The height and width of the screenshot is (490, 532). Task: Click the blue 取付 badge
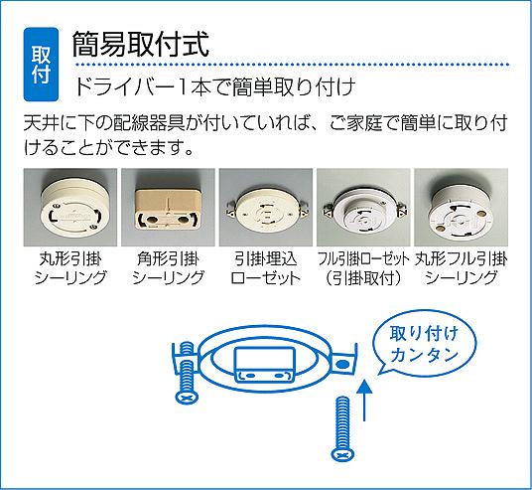tap(41, 65)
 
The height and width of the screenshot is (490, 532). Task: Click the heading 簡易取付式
tap(141, 44)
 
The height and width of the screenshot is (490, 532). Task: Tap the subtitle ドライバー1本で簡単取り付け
tap(214, 86)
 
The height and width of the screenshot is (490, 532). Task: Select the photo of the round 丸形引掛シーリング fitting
tap(70, 208)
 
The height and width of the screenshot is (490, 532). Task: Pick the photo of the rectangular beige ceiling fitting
tap(168, 208)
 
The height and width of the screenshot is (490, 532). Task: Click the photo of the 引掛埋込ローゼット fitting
tap(266, 208)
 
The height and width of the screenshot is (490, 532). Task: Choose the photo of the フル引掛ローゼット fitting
tap(363, 208)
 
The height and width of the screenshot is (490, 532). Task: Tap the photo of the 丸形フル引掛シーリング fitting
tap(462, 208)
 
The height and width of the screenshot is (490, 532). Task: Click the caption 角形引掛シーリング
tap(168, 268)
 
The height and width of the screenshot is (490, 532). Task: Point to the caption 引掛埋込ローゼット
tap(266, 268)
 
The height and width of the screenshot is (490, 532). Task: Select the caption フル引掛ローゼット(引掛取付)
tap(363, 268)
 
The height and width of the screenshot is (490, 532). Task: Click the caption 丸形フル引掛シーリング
tap(462, 268)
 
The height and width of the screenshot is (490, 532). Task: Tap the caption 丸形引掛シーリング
tap(70, 268)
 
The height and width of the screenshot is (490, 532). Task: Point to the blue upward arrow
tap(364, 401)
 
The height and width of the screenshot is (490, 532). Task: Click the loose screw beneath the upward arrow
tap(342, 429)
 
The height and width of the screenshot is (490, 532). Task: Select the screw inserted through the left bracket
tap(187, 373)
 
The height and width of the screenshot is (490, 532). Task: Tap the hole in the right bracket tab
tap(342, 366)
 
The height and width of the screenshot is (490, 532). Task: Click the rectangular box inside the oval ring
tap(264, 365)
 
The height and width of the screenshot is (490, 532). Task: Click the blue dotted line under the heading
tap(292, 64)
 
